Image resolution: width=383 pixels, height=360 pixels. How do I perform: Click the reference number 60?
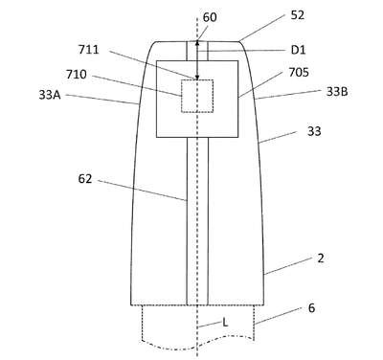click(x=210, y=17)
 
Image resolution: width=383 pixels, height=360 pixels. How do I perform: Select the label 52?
click(x=298, y=15)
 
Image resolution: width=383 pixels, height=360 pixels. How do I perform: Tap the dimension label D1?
click(x=298, y=50)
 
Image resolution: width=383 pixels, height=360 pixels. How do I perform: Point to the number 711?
click(x=89, y=50)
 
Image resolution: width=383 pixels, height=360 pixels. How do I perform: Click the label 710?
click(x=77, y=75)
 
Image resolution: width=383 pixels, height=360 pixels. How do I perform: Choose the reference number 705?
click(x=299, y=73)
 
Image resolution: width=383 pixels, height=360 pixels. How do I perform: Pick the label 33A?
click(x=50, y=95)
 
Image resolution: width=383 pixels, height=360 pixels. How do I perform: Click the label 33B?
click(x=337, y=92)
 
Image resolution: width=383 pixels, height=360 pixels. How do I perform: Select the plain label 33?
click(x=314, y=131)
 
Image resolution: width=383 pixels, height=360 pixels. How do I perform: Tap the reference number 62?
click(x=85, y=179)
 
